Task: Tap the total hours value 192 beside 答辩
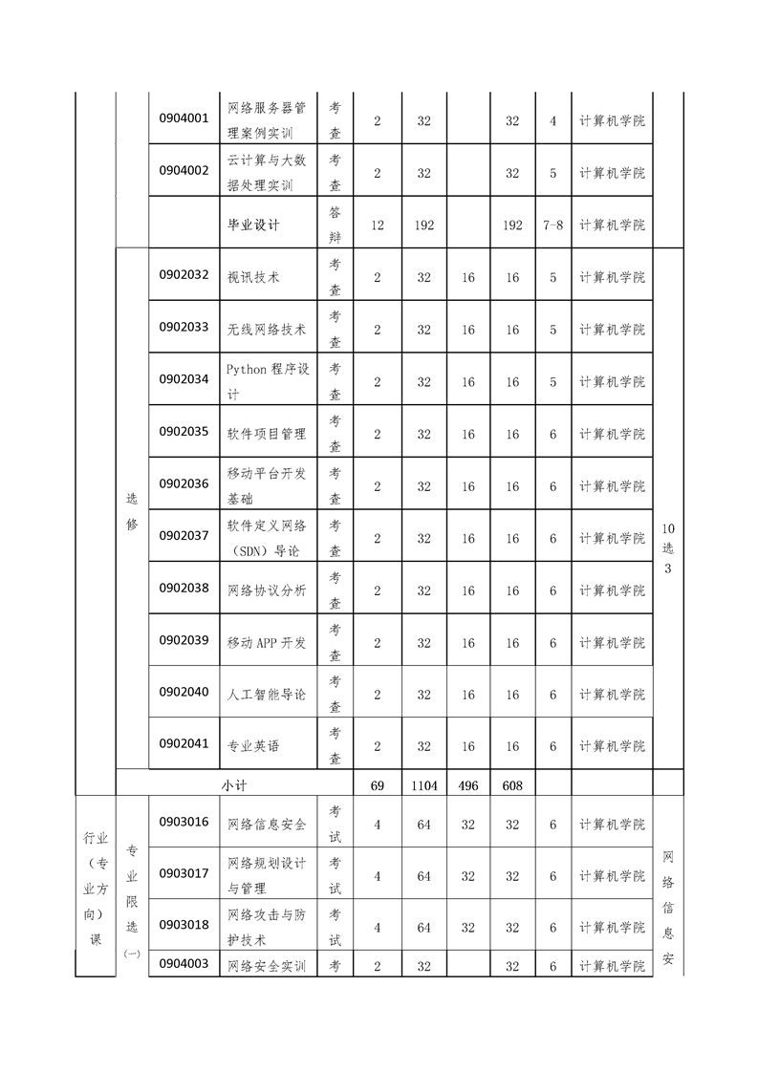click(423, 225)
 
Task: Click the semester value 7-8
click(552, 225)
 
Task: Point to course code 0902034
click(184, 378)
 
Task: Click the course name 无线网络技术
click(267, 330)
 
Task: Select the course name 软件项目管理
click(267, 434)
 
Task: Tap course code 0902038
click(184, 588)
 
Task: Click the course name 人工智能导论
click(267, 695)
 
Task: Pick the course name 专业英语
click(253, 746)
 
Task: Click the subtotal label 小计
click(234, 784)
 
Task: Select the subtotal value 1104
click(423, 785)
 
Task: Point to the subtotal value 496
click(468, 785)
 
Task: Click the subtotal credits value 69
click(378, 785)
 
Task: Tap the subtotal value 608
click(512, 785)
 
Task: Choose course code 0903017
click(184, 872)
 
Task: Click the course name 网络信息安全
click(267, 825)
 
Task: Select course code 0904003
click(184, 963)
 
